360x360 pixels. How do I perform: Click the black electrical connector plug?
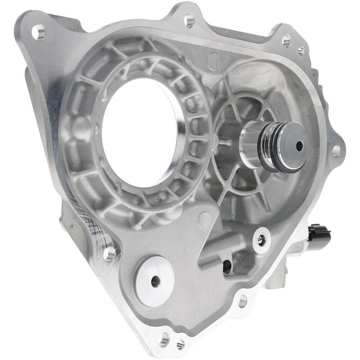click(x=319, y=234)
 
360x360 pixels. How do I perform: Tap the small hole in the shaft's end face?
click(x=299, y=145)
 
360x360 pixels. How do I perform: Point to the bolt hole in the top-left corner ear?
click(x=38, y=32)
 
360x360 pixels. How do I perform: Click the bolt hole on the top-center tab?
click(x=189, y=20)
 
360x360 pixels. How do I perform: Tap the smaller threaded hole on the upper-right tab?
click(x=301, y=50)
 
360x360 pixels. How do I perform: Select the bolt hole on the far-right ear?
click(x=336, y=150)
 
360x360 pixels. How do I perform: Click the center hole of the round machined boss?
click(x=156, y=281)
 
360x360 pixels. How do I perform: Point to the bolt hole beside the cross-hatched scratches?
click(x=109, y=253)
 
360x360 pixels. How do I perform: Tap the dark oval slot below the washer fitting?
click(x=227, y=266)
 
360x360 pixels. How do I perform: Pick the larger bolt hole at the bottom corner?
click(x=165, y=338)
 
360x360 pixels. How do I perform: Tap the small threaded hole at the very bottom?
click(x=180, y=344)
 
